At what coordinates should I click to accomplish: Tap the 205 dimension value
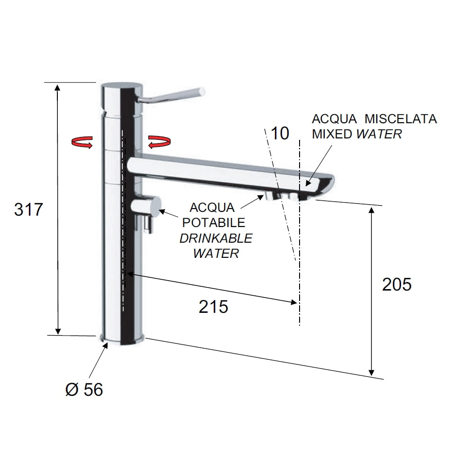click(397, 284)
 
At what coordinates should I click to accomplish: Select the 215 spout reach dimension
click(213, 307)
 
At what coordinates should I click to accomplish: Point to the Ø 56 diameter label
click(84, 389)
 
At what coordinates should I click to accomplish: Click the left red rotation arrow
click(82, 142)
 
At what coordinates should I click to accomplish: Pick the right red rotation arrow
click(160, 142)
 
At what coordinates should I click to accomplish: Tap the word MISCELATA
click(401, 119)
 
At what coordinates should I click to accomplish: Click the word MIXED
click(332, 134)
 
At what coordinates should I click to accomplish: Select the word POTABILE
click(213, 222)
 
